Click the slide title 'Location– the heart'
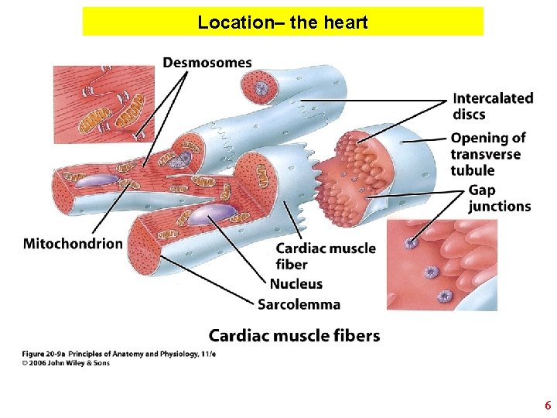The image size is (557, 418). pyautogui.click(x=282, y=22)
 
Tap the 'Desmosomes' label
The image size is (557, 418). pyautogui.click(x=207, y=63)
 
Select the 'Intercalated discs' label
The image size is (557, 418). pyautogui.click(x=493, y=106)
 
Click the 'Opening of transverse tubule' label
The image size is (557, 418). pyautogui.click(x=487, y=154)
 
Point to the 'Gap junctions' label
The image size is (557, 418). pyautogui.click(x=499, y=198)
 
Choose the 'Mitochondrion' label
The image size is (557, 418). pyautogui.click(x=73, y=244)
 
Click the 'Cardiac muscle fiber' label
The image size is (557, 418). pyautogui.click(x=325, y=256)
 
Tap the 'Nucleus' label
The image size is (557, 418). pyautogui.click(x=296, y=283)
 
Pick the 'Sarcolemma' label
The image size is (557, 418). pyautogui.click(x=299, y=304)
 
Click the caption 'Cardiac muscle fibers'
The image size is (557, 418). pyautogui.click(x=294, y=335)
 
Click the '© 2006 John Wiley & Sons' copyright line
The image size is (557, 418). pyautogui.click(x=66, y=362)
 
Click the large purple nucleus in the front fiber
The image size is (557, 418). pyautogui.click(x=211, y=214)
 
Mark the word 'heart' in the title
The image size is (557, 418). pyautogui.click(x=345, y=22)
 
